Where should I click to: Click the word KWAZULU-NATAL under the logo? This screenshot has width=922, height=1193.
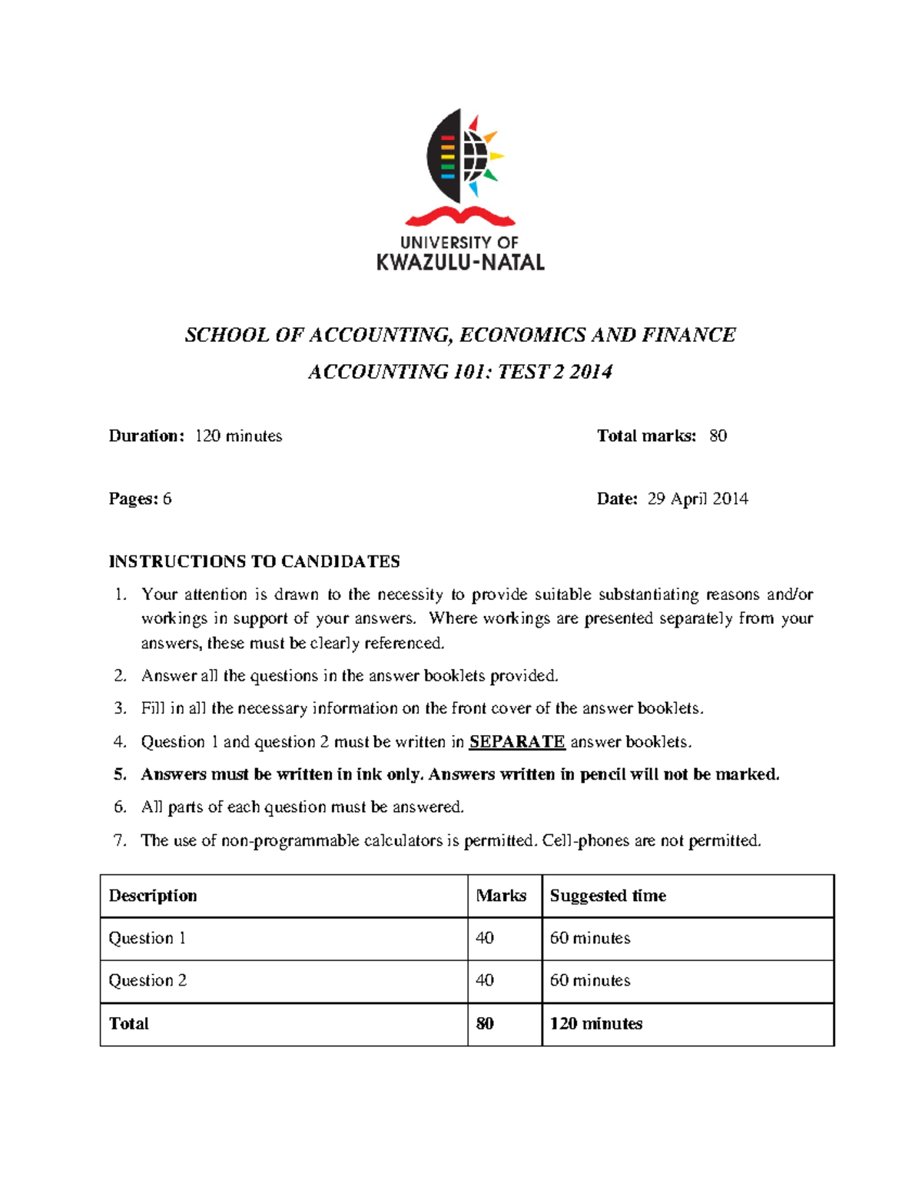[460, 263]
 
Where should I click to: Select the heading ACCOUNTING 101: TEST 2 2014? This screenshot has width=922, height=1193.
[459, 372]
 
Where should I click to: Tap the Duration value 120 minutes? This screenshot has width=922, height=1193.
[238, 436]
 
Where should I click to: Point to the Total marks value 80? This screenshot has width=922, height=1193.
[718, 436]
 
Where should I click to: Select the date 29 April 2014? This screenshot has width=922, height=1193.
[697, 499]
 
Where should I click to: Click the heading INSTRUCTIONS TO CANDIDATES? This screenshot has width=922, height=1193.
[254, 562]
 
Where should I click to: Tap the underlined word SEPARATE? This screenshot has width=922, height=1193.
[516, 741]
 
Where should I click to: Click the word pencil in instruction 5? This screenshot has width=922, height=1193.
[603, 774]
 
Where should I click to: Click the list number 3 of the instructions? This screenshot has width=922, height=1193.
[119, 708]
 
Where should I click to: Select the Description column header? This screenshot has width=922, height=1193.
[153, 896]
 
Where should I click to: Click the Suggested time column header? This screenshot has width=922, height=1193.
[608, 896]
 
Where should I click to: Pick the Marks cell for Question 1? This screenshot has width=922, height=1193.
[485, 938]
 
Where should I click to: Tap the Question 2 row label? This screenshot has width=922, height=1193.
[148, 980]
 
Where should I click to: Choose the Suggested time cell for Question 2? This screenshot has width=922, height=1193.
[590, 980]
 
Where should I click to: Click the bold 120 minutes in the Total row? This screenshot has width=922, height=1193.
[596, 1023]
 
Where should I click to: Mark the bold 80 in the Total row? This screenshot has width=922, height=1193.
[485, 1023]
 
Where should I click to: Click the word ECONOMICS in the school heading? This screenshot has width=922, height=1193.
[522, 335]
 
